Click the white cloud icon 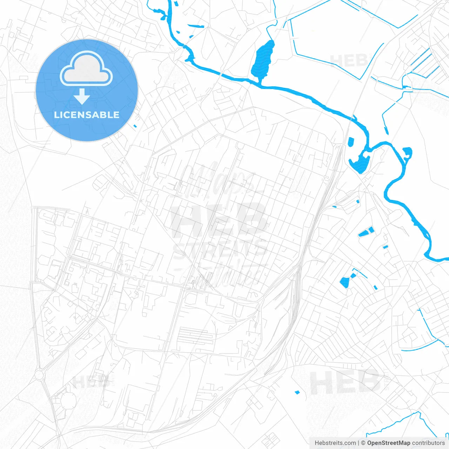click(x=86, y=69)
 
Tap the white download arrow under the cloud click(x=82, y=96)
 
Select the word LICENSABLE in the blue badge click(x=87, y=115)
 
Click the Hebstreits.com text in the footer click(x=335, y=443)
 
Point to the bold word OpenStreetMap click(x=388, y=443)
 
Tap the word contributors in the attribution click(x=428, y=443)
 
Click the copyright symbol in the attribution click(x=363, y=443)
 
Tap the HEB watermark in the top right click(x=349, y=60)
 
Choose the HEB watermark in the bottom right click(x=346, y=382)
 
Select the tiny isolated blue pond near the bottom click(x=297, y=392)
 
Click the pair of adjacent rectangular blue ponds click(x=366, y=232)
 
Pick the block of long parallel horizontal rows click(x=195, y=336)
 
